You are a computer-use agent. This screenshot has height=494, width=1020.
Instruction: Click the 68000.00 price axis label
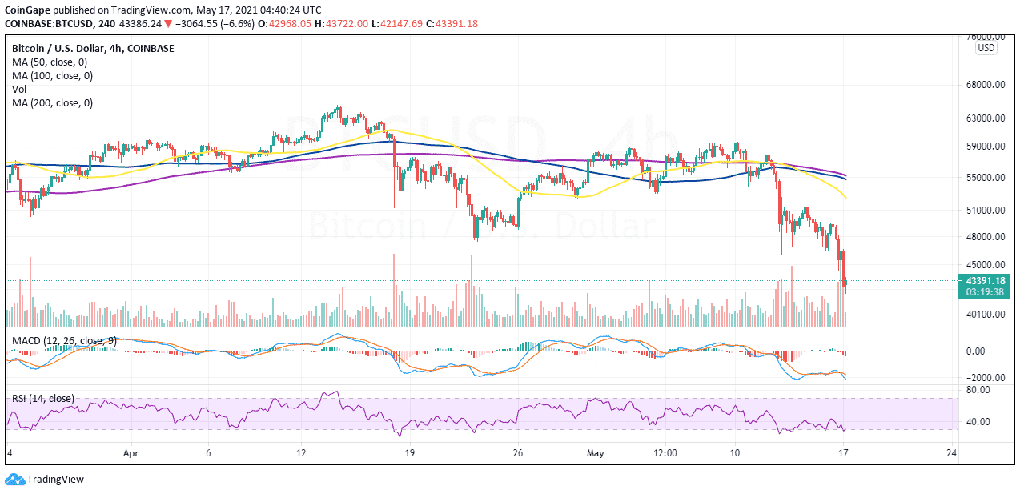pos(986,85)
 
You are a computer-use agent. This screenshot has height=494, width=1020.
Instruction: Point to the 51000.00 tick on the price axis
pos(986,211)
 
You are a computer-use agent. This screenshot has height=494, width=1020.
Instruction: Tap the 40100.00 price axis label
pos(986,315)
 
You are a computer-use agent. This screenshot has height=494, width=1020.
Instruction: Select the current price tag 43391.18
pos(986,280)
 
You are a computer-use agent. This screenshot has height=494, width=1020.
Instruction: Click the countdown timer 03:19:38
pos(986,292)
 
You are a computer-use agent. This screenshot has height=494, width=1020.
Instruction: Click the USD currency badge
pos(986,48)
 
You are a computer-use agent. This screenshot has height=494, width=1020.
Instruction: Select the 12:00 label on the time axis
pos(665,452)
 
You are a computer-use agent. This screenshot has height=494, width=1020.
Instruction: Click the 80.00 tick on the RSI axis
pos(979,390)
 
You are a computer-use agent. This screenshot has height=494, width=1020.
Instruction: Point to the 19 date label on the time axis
pos(408,452)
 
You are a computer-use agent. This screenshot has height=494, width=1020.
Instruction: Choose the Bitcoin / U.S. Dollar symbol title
pos(66,49)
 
